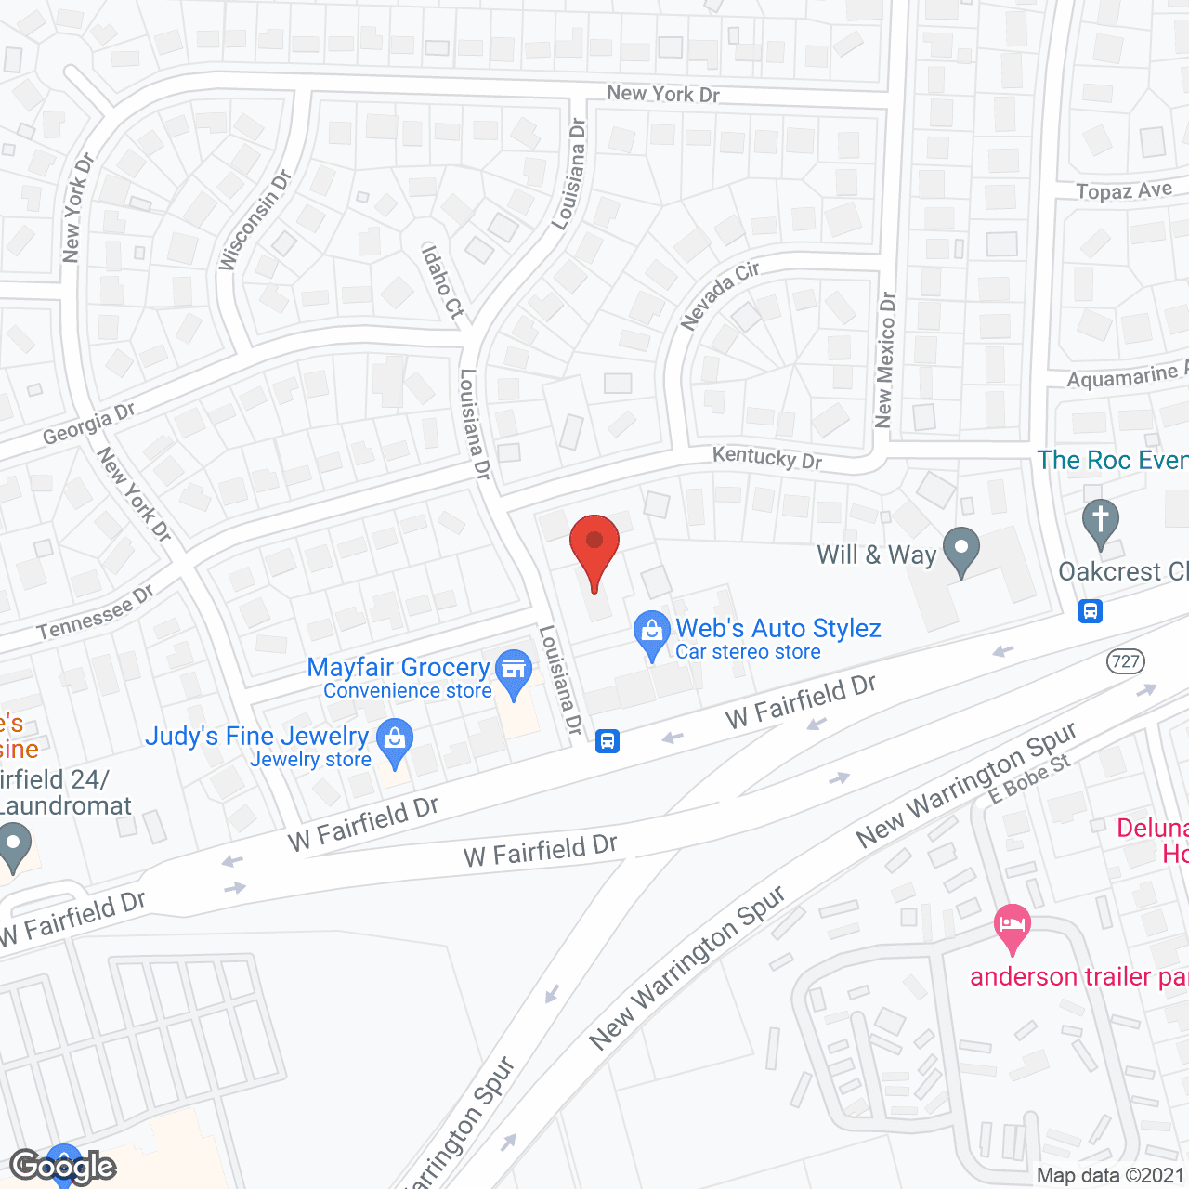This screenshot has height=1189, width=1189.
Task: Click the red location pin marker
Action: (594, 548)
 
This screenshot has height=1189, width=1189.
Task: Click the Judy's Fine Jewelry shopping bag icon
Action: (395, 741)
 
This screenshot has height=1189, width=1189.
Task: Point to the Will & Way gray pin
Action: (961, 549)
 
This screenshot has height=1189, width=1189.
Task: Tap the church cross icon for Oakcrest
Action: (1100, 522)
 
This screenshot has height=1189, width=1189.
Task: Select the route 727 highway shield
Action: (1126, 661)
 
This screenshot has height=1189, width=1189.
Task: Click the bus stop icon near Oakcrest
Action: (1091, 611)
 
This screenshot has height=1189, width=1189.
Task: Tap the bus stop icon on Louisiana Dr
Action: (608, 740)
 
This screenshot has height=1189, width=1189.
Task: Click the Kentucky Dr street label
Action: (767, 457)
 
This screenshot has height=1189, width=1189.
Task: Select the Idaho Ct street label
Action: (442, 281)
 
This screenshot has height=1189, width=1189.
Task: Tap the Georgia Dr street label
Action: (89, 424)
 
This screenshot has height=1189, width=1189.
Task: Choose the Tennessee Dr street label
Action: (95, 613)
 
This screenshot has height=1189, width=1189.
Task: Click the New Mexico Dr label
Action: (885, 360)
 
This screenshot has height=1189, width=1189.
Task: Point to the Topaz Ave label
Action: (1124, 190)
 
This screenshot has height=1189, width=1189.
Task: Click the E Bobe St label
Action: (1028, 778)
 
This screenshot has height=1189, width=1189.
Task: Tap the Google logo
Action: (62, 1166)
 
